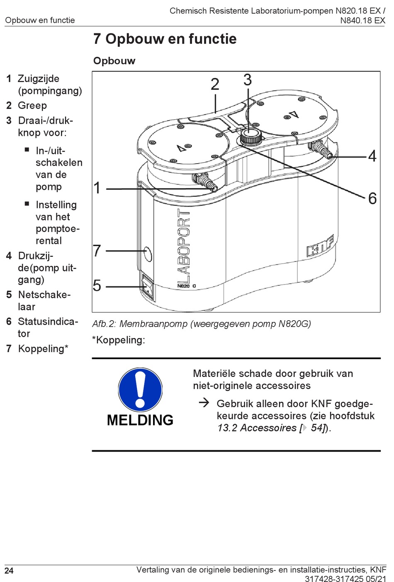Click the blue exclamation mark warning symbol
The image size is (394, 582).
click(x=140, y=389)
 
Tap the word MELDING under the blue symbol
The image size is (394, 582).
click(x=140, y=420)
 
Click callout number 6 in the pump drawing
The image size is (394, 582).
click(x=372, y=198)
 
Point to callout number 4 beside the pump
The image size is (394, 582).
click(x=372, y=156)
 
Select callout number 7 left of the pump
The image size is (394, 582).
click(x=97, y=251)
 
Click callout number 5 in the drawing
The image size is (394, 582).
click(x=97, y=286)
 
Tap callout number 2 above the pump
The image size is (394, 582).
click(x=215, y=85)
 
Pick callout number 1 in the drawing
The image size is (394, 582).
click(x=97, y=188)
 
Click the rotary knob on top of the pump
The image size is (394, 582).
click(x=251, y=135)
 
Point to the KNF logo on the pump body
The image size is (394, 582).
click(x=320, y=246)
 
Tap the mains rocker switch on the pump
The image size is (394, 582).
click(x=148, y=287)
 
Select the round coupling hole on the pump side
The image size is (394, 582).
click(x=148, y=254)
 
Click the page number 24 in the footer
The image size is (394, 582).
click(x=9, y=571)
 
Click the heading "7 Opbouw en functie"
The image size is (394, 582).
click(x=165, y=39)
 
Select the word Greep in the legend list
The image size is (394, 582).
click(x=32, y=106)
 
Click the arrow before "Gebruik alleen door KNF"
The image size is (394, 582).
click(x=204, y=403)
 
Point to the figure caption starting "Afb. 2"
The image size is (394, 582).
click(x=202, y=324)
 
